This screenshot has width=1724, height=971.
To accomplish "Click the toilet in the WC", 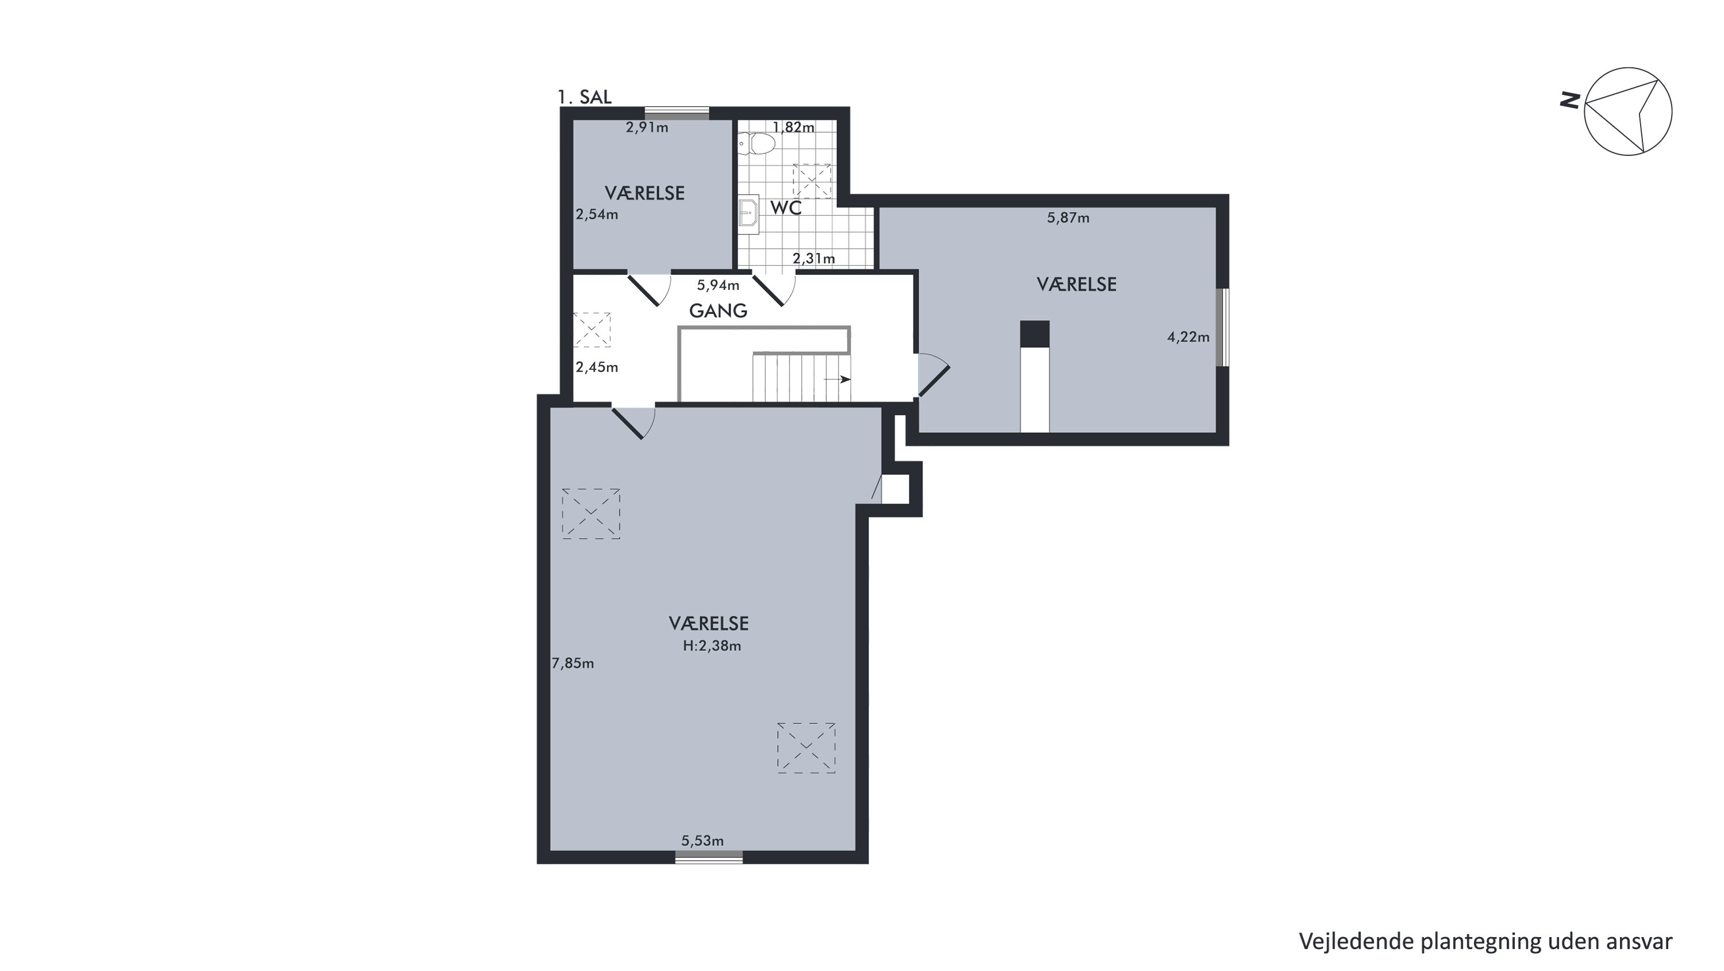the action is [757, 143].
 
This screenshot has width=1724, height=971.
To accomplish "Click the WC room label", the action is [786, 208].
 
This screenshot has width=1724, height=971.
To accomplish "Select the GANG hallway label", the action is [718, 310].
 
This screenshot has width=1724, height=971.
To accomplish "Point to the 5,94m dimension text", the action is [718, 285].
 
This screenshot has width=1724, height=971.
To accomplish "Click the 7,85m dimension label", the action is [573, 663].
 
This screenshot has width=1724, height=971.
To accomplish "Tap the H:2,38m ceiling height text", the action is [712, 646].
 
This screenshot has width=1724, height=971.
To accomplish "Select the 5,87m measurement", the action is [1068, 217].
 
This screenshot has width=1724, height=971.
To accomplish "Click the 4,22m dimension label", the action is [1189, 337].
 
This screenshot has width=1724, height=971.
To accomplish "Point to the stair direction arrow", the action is [837, 379].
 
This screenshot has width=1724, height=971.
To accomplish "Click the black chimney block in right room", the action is [1035, 334].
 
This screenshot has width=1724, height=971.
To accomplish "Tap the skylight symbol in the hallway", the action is [592, 329].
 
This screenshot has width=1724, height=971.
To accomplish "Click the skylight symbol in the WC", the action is [812, 181].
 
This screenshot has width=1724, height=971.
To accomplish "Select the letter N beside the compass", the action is [1570, 101].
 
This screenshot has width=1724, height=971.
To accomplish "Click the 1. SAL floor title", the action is [584, 97].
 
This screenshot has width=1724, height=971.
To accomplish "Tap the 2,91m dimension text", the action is [647, 127].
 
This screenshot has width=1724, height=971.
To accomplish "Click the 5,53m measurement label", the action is [702, 840].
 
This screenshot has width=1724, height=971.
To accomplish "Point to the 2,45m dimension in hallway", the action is [597, 367].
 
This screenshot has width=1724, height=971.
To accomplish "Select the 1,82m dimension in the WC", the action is [794, 127].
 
